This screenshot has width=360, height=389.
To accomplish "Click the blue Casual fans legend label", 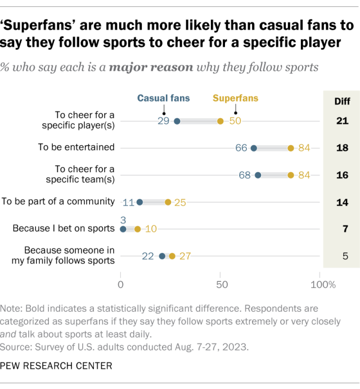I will pyautogui.click(x=163, y=98).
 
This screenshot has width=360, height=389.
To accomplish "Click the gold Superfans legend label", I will pyautogui.click(x=236, y=98).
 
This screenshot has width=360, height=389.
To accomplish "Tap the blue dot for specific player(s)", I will pyautogui.click(x=177, y=121).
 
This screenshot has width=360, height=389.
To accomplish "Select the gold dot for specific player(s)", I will pyautogui.click(x=220, y=121).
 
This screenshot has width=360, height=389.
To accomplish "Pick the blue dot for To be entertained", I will pyautogui.click(x=254, y=148).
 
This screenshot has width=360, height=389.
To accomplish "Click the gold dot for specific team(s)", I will pyautogui.click(x=291, y=175).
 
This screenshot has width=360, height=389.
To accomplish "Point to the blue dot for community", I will pyautogui.click(x=140, y=202).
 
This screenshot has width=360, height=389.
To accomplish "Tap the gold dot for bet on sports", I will pyautogui.click(x=138, y=229).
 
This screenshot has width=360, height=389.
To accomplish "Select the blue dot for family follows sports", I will pyautogui.click(x=163, y=256).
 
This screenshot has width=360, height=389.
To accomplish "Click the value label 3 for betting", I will pyautogui.click(x=123, y=219).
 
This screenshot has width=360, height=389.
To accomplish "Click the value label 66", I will pyautogui.click(x=242, y=148).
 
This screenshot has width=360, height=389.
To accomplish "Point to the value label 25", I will pyautogui.click(x=180, y=202).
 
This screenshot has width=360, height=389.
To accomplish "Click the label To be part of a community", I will pyautogui.click(x=58, y=202).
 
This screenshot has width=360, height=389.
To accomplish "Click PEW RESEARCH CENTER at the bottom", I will pyautogui.click(x=56, y=366).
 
